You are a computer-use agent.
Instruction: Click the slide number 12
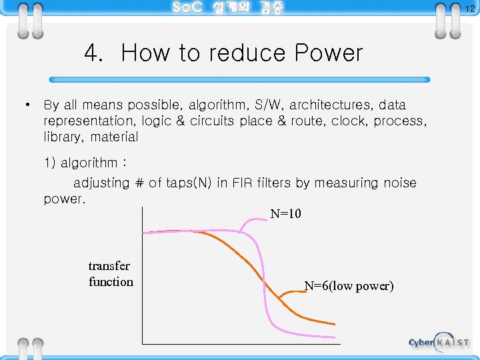coord(469,9)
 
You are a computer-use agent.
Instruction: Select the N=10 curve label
coord(285,214)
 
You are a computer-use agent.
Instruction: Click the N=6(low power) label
coord(349,286)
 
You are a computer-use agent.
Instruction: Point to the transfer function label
coord(111,274)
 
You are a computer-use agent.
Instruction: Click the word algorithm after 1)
coord(89,163)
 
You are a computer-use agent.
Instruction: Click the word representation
coord(89,121)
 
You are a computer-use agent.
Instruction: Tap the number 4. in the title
coord(93,53)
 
